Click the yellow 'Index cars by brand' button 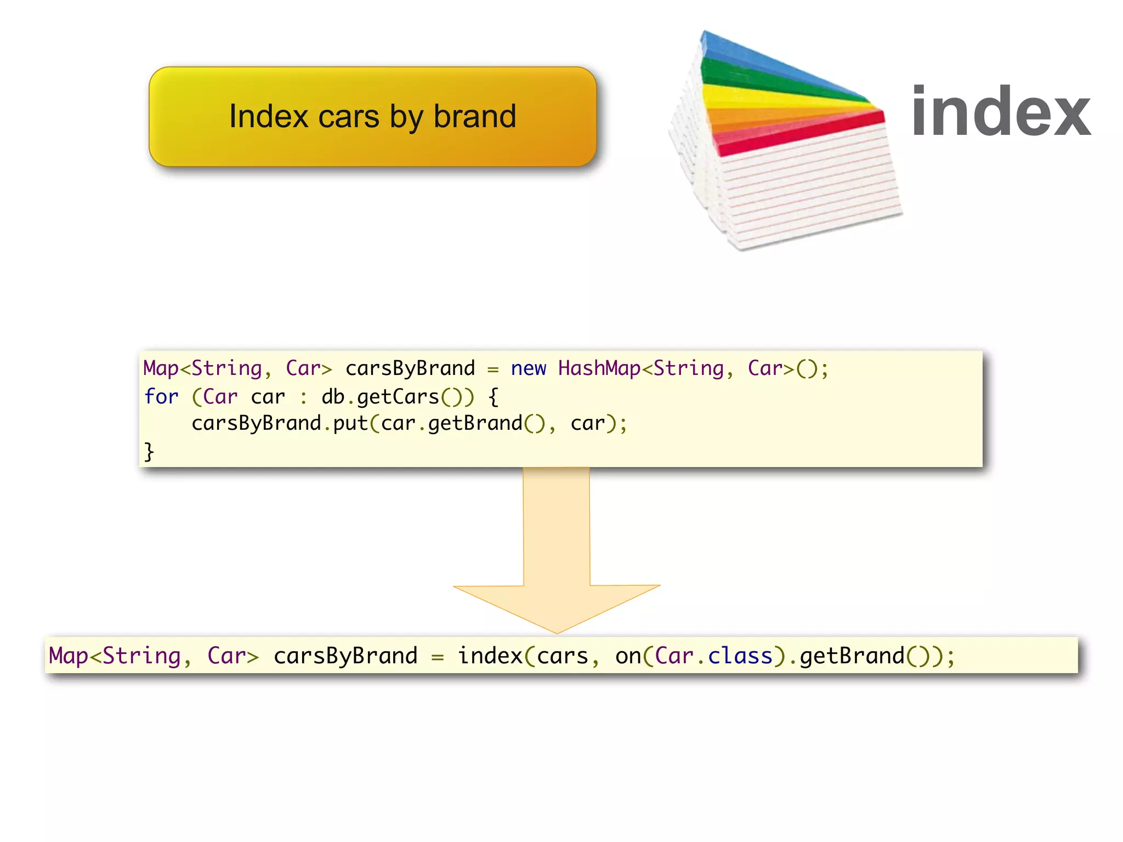372,116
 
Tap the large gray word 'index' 1000,112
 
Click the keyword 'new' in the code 528,368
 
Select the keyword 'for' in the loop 161,396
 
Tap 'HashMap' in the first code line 599,368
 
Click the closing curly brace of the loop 149,452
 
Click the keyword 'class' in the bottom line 740,656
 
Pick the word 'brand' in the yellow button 474,116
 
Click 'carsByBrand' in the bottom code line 345,656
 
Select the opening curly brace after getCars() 493,396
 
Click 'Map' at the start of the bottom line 69,656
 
